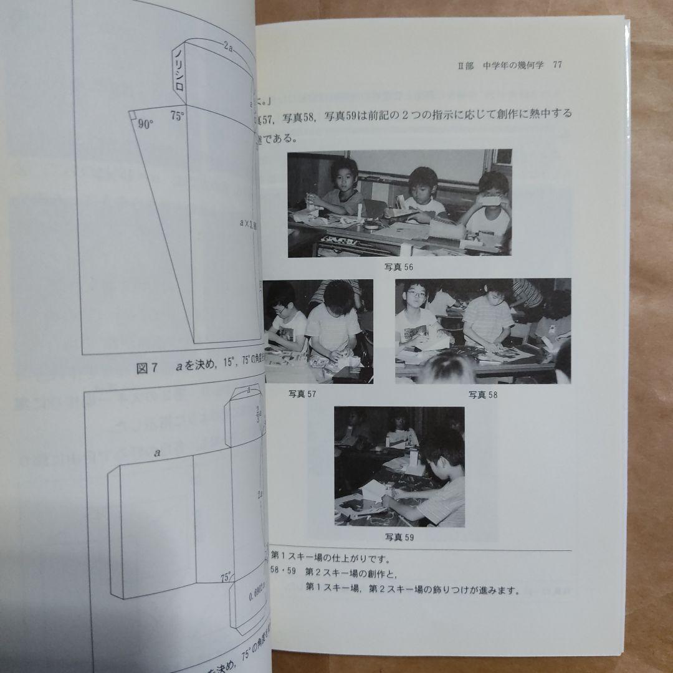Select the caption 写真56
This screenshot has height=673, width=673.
pyautogui.click(x=399, y=267)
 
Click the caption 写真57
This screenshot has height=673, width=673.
pyautogui.click(x=302, y=394)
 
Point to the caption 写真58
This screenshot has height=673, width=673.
pyautogui.click(x=483, y=394)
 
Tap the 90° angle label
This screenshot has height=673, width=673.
pyautogui.click(x=145, y=124)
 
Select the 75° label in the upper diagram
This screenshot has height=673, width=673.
pyautogui.click(x=178, y=116)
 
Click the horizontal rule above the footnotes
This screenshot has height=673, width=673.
pyautogui.click(x=421, y=551)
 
